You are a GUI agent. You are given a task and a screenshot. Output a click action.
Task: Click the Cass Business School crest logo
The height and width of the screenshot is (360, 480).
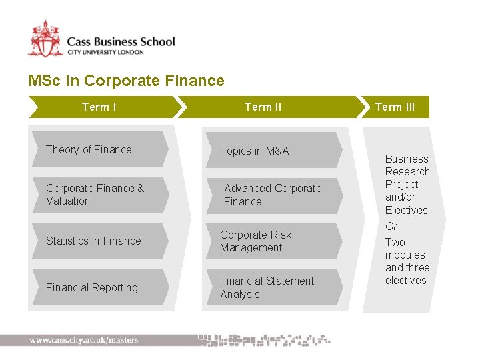pos(45,39)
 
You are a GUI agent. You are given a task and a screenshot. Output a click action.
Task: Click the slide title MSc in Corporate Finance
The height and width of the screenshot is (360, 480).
pos(126,81)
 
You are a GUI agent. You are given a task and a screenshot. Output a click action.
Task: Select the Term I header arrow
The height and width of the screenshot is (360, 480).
pos(100,107)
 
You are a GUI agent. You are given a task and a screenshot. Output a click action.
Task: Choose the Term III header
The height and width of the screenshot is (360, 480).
pos(395,107)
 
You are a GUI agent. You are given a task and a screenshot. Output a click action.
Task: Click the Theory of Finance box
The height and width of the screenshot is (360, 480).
pos(97,149)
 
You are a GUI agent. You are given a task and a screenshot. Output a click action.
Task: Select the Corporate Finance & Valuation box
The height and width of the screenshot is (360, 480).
pos(97,195)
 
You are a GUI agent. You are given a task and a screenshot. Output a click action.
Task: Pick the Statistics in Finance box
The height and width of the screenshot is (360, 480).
pos(97,241)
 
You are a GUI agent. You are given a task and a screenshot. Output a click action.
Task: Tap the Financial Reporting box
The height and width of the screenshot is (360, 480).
pos(97,287)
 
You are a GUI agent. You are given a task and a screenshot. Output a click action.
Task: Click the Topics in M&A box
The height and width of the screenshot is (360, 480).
pos(270,151)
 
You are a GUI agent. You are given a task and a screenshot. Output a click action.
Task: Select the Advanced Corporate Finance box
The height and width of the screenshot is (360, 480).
pos(272,195)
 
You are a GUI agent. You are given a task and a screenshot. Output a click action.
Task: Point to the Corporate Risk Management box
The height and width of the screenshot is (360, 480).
pos(270,241)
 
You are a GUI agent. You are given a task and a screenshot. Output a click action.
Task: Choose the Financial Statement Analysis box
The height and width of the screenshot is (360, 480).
pos(270,287)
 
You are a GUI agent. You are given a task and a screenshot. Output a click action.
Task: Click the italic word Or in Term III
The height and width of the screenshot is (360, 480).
pos(391,226)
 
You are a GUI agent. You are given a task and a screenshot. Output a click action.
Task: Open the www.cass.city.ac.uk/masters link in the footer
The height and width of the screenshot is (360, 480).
pos(84,340)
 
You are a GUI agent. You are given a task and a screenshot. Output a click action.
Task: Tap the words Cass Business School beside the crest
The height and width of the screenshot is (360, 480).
pos(121,41)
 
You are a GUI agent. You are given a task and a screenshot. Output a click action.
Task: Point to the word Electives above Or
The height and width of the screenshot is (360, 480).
pos(406,210)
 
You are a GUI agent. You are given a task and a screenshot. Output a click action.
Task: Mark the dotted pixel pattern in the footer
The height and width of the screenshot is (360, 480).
pos(264,339)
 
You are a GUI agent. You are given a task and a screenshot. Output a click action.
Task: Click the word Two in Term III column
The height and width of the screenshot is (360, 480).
pos(395,242)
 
